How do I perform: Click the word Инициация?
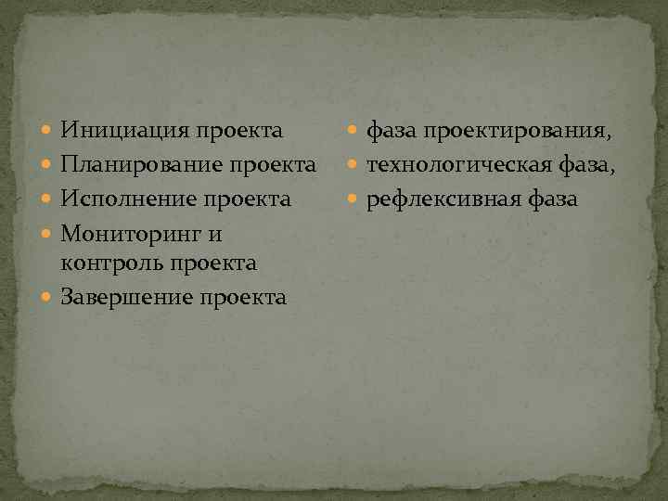(125, 132)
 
